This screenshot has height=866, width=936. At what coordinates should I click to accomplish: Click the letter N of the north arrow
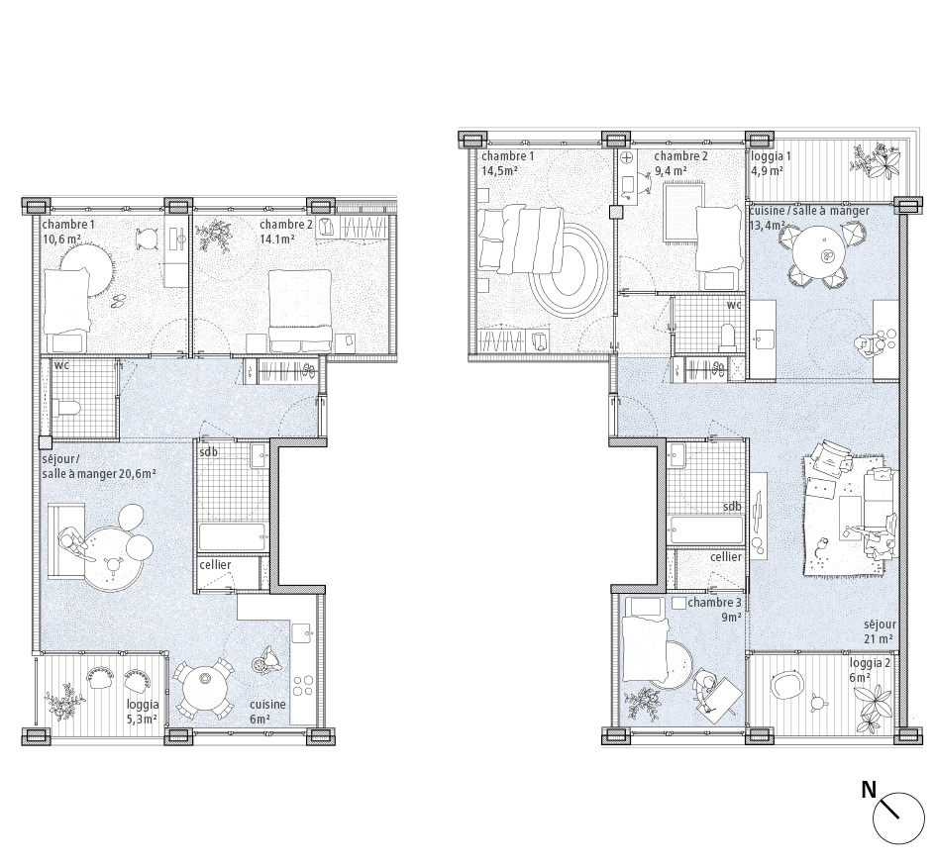869,790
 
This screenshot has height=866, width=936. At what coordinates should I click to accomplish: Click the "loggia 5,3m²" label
142,713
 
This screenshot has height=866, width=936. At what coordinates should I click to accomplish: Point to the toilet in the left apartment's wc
67,408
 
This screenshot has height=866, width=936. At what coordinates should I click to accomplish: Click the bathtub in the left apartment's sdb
233,536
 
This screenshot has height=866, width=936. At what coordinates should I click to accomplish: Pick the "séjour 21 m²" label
879,631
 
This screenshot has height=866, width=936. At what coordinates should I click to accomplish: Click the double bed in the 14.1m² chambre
300,311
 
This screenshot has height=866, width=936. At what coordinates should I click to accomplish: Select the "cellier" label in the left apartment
215,565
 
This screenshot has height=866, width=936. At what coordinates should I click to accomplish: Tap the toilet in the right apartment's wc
728,337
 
